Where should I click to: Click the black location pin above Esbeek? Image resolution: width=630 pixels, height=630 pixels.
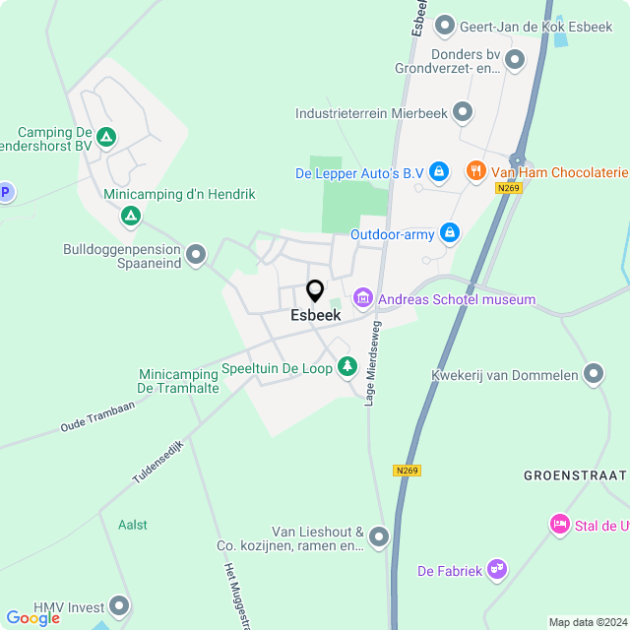(x=315, y=291)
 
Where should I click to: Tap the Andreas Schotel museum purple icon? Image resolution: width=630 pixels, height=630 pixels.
(x=362, y=297)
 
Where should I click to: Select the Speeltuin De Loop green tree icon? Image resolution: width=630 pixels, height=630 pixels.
(x=346, y=367)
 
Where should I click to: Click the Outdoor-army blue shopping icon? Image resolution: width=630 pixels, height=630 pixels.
(x=450, y=233)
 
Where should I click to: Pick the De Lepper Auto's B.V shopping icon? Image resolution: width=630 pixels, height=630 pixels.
(x=439, y=172)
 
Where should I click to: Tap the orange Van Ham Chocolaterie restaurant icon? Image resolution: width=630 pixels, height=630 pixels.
(x=475, y=171)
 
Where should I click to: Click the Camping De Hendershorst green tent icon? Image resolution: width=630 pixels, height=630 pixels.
(x=106, y=137)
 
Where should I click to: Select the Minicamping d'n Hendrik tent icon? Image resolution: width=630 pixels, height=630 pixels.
(x=130, y=214)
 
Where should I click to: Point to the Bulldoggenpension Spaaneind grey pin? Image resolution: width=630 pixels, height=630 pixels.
(x=196, y=254)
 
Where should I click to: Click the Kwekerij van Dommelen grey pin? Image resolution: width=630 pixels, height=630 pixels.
(x=593, y=374)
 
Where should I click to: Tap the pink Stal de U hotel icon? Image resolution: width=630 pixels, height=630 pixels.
(x=559, y=523)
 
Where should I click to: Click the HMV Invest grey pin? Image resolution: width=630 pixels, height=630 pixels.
(x=120, y=605)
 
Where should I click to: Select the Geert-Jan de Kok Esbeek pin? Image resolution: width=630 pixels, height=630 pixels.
(x=444, y=24)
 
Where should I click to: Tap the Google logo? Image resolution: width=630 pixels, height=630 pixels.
(x=32, y=617)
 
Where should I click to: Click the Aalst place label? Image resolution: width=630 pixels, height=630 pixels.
(x=132, y=525)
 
